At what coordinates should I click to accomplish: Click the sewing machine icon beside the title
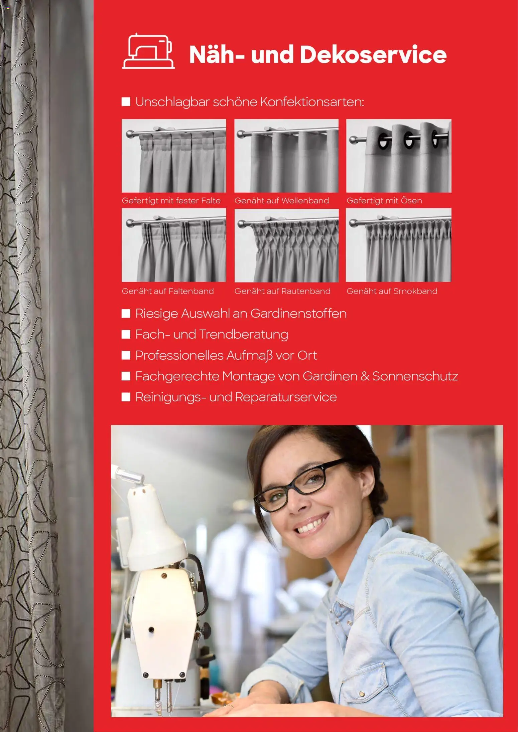click(148, 51)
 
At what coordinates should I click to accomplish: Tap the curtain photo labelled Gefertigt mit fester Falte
click(174, 156)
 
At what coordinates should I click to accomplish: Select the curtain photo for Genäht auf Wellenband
click(286, 156)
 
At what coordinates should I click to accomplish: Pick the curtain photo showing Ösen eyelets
click(399, 156)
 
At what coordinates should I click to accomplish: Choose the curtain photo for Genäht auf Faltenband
click(174, 245)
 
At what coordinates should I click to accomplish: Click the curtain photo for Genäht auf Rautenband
click(286, 245)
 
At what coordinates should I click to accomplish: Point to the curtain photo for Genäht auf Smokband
click(399, 245)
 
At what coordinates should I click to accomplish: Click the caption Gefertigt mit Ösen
click(384, 201)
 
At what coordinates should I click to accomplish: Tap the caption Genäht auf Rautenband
click(282, 291)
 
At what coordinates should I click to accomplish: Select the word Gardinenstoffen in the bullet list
click(298, 314)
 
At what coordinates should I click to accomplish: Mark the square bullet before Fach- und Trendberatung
click(126, 335)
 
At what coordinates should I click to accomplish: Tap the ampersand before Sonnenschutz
click(365, 376)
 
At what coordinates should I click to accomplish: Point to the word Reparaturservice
click(286, 397)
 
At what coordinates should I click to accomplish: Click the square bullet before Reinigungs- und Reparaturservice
click(126, 397)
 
